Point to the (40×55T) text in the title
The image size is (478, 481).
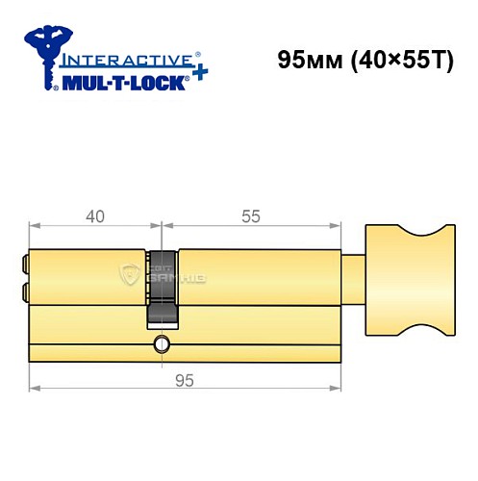click(x=390, y=60)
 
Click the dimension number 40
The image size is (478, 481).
click(x=94, y=216)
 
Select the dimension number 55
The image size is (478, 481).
click(x=251, y=216)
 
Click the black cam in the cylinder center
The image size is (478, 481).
click(x=163, y=285)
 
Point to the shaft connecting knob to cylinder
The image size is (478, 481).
click(x=354, y=279)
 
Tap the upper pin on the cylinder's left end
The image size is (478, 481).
click(x=25, y=261)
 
